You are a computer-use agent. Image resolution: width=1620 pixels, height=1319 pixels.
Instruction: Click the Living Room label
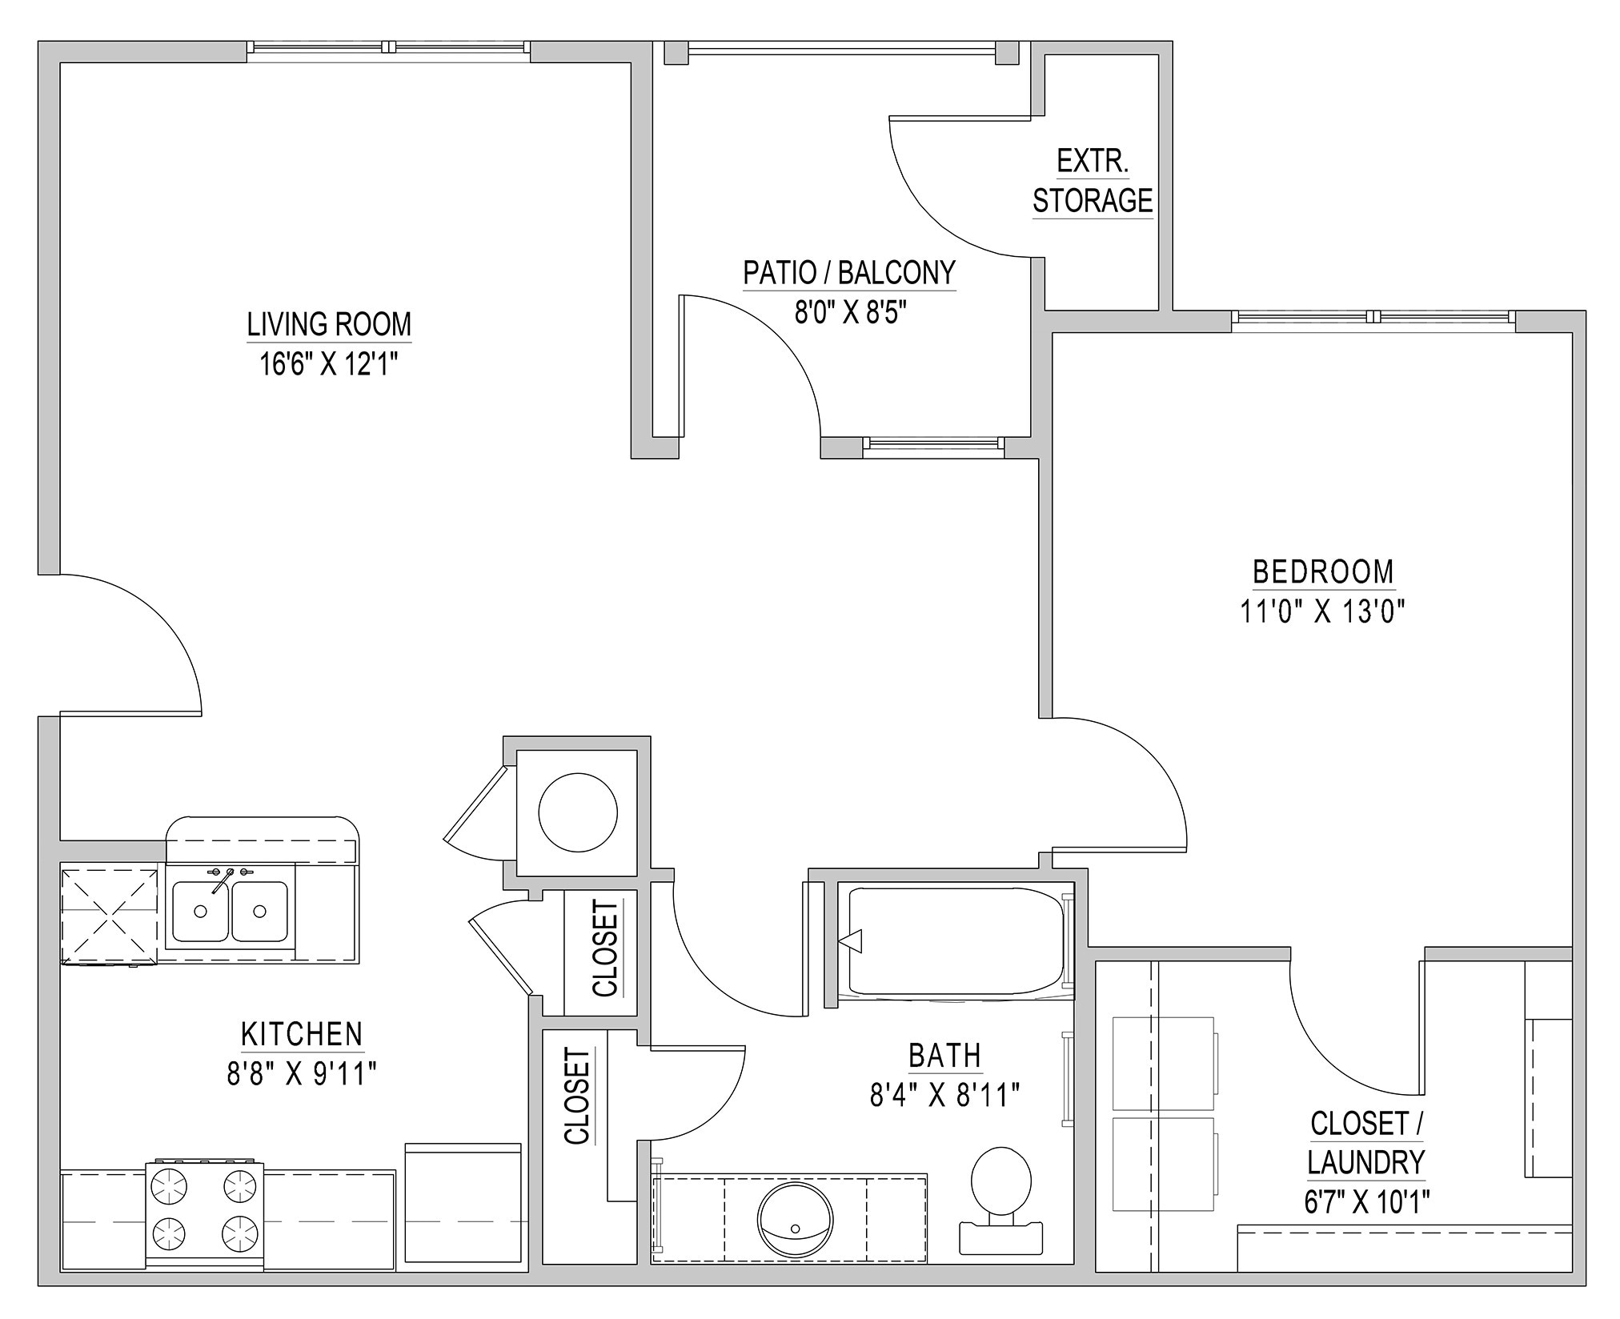(x=328, y=324)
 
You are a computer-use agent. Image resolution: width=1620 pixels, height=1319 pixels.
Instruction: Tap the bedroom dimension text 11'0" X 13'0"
(x=1322, y=612)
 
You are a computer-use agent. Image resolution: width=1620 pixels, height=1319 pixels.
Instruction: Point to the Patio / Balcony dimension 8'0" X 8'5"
(x=849, y=313)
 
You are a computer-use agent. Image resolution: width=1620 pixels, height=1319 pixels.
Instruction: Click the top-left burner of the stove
(x=170, y=1185)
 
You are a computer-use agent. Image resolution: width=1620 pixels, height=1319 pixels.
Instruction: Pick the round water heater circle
(x=578, y=812)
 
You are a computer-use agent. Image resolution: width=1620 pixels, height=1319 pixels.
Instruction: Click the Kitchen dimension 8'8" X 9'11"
(x=302, y=1073)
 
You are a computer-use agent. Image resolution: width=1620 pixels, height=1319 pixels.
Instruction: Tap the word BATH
(x=944, y=1056)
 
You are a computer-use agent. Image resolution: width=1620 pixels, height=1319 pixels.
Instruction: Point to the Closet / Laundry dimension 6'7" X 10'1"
(x=1367, y=1201)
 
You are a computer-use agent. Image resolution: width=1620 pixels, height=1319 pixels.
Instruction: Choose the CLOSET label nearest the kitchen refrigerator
(x=577, y=1096)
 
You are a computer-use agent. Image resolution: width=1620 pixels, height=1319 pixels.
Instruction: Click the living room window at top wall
(x=388, y=48)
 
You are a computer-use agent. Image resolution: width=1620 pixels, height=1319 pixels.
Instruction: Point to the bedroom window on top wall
(x=1373, y=318)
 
